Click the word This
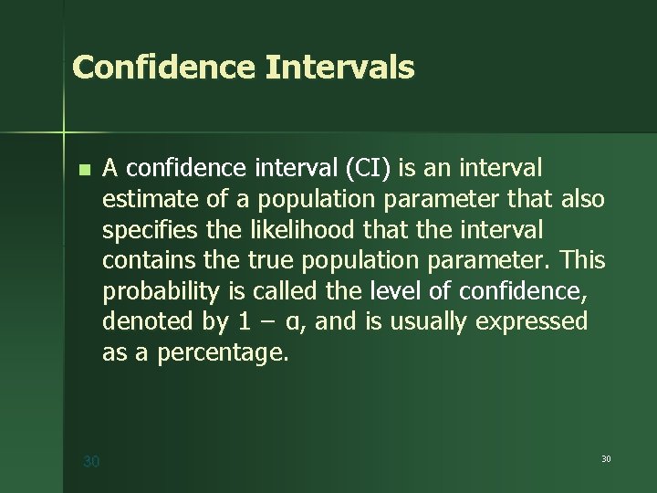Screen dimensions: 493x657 coord(582,260)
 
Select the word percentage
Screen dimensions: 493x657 coord(222,353)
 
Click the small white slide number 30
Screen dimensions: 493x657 coord(606,457)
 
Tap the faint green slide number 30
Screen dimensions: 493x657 coord(91,462)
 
